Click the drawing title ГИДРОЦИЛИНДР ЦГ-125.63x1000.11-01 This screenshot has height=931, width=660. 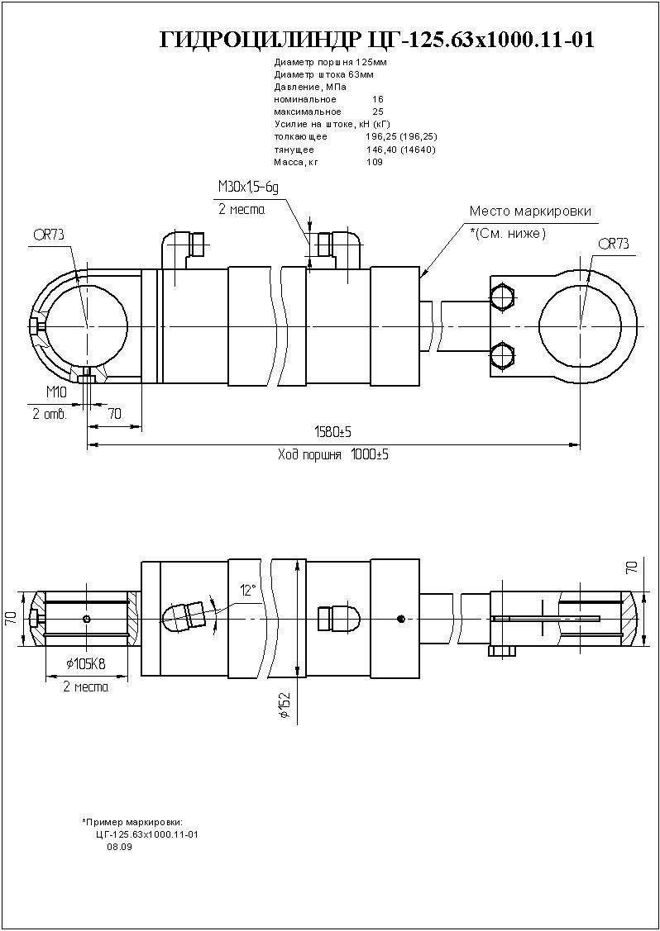pyautogui.click(x=375, y=40)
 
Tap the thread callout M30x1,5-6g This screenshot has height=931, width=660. pyautogui.click(x=248, y=188)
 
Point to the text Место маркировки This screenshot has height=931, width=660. pyautogui.click(x=530, y=211)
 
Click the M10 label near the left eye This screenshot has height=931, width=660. pyautogui.click(x=55, y=391)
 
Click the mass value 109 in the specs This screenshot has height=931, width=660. pyautogui.click(x=375, y=162)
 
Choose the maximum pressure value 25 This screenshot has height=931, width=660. pyautogui.click(x=378, y=112)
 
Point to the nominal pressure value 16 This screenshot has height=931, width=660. pyautogui.click(x=378, y=99)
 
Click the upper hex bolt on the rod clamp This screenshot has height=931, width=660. pyautogui.click(x=502, y=297)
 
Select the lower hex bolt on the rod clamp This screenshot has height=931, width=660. pyautogui.click(x=502, y=356)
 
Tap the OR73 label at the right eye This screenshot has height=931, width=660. pyautogui.click(x=613, y=244)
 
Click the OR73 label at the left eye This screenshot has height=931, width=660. pyautogui.click(x=49, y=235)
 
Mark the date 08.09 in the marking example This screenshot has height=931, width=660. pyautogui.click(x=119, y=847)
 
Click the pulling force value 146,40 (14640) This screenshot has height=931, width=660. pyautogui.click(x=400, y=150)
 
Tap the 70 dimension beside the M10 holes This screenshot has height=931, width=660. pyautogui.click(x=114, y=413)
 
